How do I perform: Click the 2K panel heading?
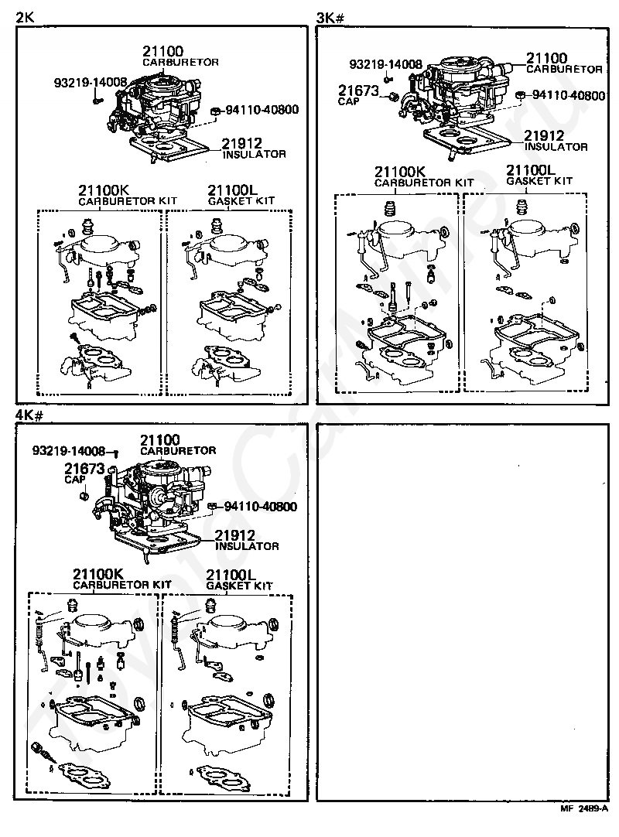point(25,17)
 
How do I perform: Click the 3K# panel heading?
point(330,18)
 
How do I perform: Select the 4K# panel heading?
point(29,415)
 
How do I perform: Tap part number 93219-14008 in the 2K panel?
point(91,82)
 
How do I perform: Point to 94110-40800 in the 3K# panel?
point(568,95)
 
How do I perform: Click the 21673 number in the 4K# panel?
point(84,468)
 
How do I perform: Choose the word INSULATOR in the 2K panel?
point(255,154)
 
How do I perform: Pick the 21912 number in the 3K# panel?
point(544,136)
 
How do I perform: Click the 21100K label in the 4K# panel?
point(98,574)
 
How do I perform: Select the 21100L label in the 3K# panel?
point(531,169)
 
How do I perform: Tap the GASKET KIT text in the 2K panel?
point(241,201)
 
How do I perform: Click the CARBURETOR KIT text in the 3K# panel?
point(424,183)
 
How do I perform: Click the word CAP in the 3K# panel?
point(348,101)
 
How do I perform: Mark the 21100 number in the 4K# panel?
point(159,440)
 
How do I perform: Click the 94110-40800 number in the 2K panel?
point(262,110)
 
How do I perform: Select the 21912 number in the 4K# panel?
point(234,535)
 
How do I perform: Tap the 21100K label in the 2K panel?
point(104,190)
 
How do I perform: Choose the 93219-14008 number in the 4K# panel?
point(69,451)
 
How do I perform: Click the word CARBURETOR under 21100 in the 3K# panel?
point(564,70)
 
